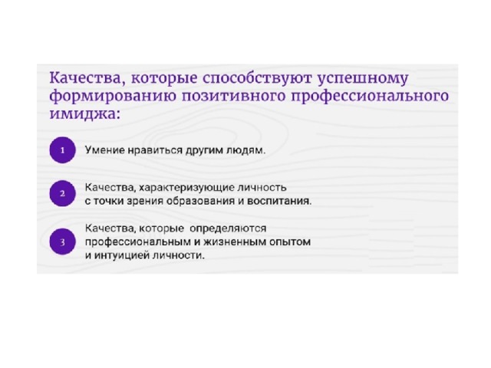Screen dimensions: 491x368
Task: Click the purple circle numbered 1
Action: coord(62,150)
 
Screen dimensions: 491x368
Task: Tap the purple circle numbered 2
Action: coord(62,193)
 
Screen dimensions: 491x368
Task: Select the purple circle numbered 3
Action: coord(62,242)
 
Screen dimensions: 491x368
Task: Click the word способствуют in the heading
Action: coord(257,78)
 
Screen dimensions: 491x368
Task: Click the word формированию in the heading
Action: coord(113,97)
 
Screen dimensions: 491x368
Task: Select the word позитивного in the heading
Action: coord(234,95)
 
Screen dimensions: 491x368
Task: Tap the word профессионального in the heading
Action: coord(370,97)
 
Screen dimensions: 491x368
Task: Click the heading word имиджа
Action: coord(83,113)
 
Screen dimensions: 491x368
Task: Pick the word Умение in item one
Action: coord(105,150)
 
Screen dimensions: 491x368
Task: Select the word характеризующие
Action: coord(186,188)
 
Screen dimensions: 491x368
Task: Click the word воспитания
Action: coord(279,201)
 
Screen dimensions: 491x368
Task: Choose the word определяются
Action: coord(228,228)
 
